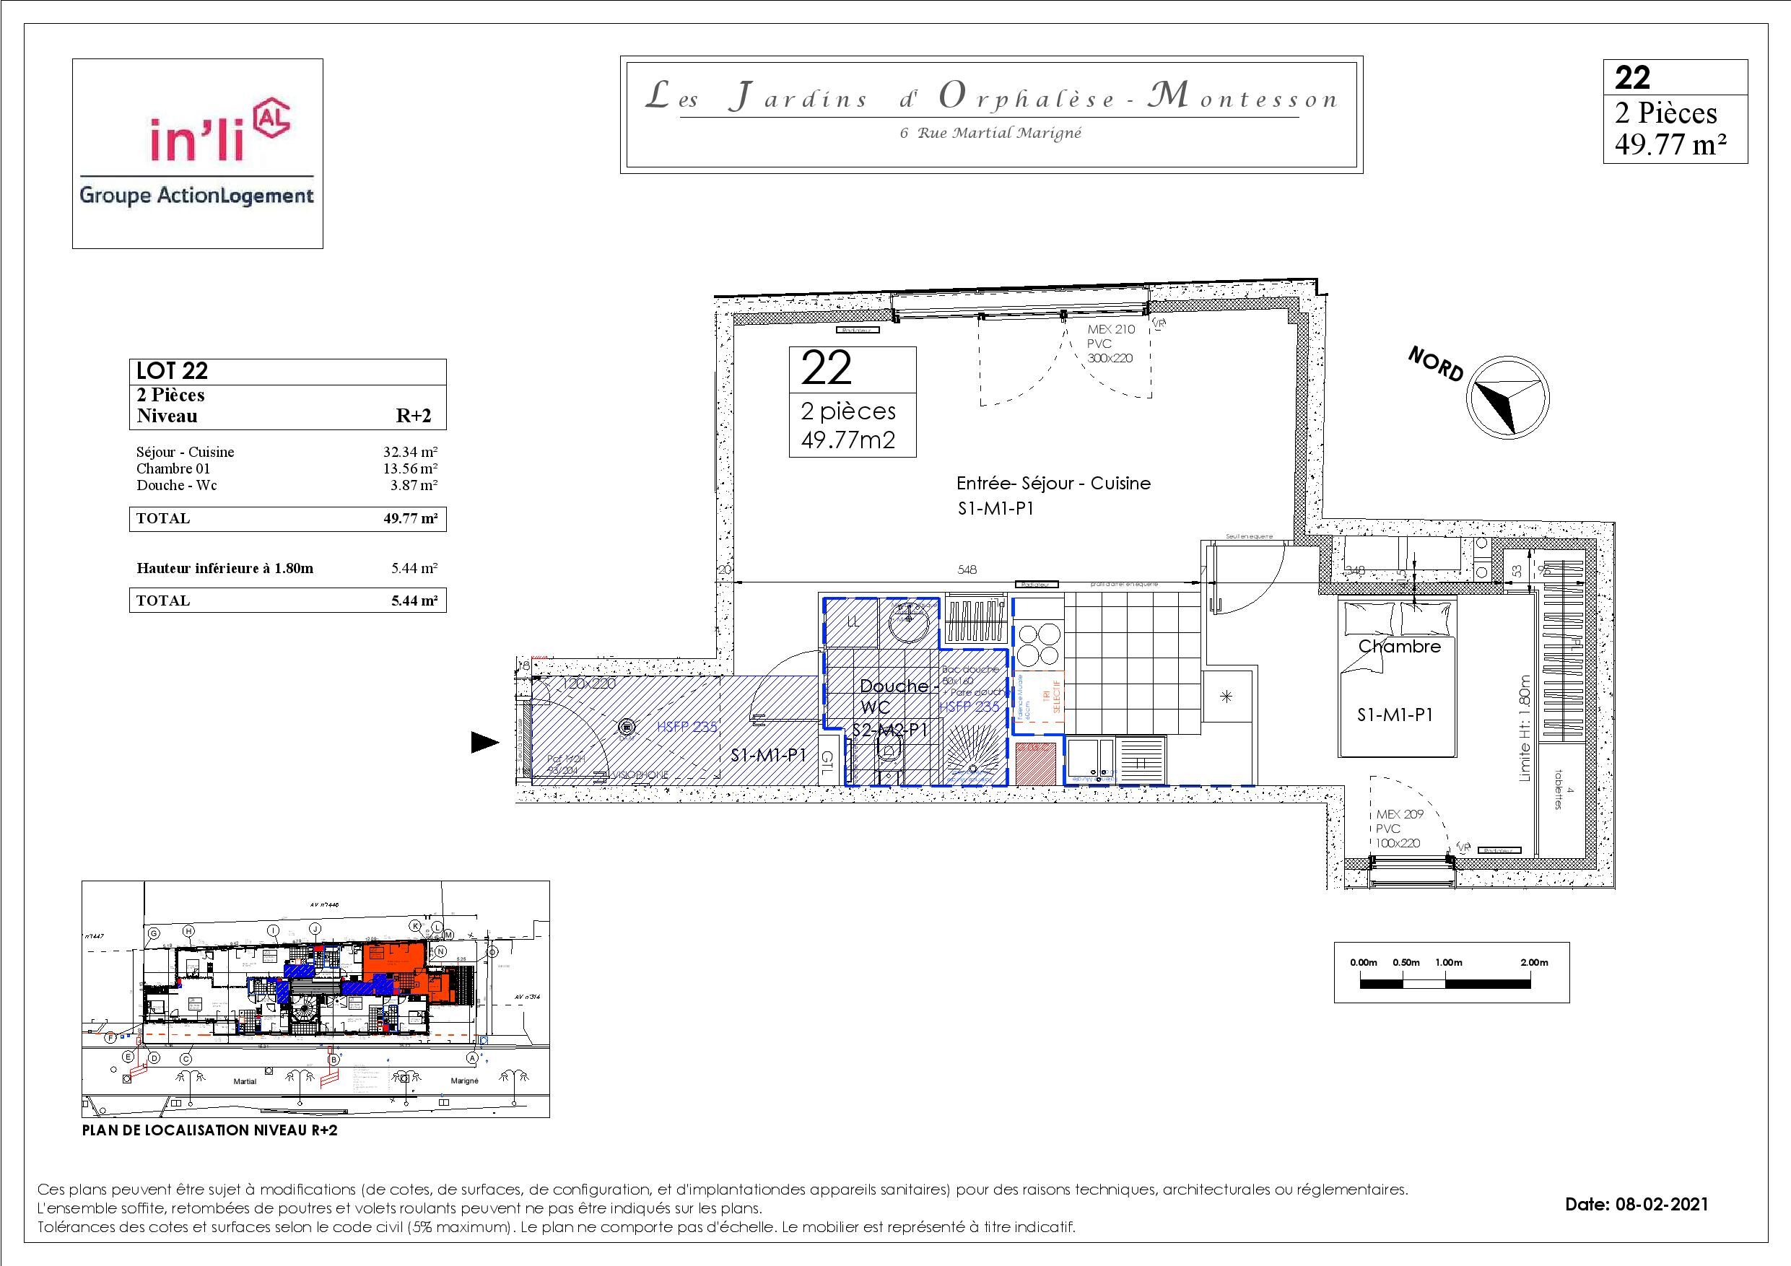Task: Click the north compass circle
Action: (1507, 398)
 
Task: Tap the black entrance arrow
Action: (484, 742)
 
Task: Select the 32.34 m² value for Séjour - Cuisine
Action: (409, 452)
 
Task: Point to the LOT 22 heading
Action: (173, 370)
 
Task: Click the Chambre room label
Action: (1400, 647)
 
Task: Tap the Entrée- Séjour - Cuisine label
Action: (1053, 484)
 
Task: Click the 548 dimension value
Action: (967, 570)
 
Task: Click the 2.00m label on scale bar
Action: (1533, 963)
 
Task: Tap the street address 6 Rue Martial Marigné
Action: (990, 133)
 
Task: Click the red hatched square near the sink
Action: (1036, 763)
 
